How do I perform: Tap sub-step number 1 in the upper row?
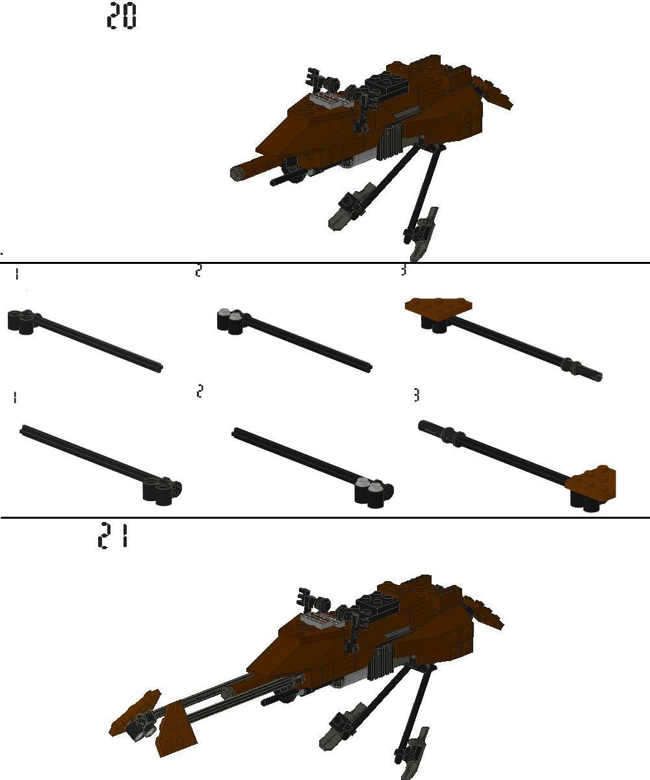[16, 275]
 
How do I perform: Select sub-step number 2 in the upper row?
[199, 271]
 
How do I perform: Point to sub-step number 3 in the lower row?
[417, 395]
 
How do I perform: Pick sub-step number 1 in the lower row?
[14, 397]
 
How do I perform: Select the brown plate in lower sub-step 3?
[591, 482]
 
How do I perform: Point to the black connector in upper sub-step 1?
[23, 322]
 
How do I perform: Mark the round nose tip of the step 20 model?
[239, 172]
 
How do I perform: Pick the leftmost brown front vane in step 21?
[133, 715]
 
